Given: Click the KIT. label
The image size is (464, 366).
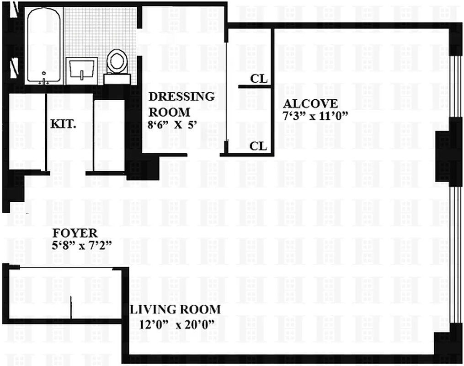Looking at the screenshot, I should (x=63, y=123).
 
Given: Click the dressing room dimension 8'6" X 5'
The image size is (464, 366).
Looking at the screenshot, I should (x=173, y=124).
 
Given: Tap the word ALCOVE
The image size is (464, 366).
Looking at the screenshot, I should (x=310, y=103).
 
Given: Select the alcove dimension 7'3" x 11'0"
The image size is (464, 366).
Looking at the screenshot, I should (x=316, y=115).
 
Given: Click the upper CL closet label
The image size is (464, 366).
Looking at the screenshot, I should (x=259, y=79).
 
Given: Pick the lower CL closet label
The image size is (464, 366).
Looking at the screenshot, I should (x=258, y=146).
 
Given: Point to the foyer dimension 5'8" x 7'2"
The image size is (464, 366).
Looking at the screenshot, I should (x=82, y=246).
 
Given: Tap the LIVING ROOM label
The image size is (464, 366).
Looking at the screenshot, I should (x=176, y=310).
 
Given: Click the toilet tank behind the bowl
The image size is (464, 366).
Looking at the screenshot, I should (x=117, y=79).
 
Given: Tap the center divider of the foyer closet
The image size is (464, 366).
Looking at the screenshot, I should (x=71, y=307).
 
